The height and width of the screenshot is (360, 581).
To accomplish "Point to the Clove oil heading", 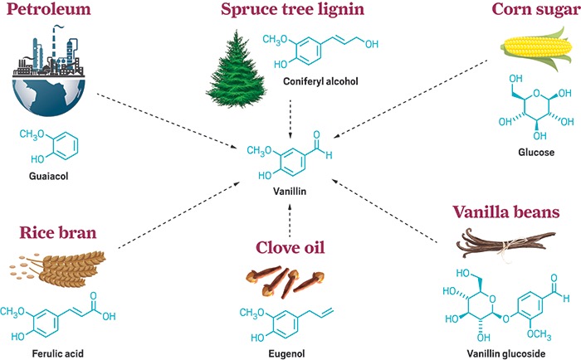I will pos(290,247).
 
